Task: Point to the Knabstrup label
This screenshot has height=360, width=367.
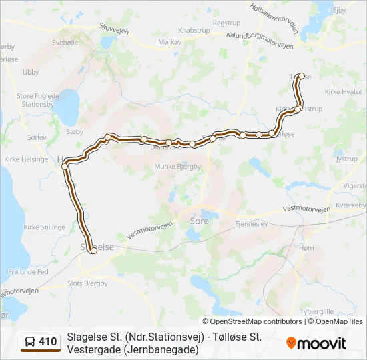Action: click(195, 31)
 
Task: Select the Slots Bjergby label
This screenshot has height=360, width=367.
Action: click(87, 283)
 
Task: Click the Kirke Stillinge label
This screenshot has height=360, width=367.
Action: click(45, 227)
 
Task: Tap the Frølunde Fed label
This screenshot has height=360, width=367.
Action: click(29, 272)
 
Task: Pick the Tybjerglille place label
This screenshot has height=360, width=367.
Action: click(318, 311)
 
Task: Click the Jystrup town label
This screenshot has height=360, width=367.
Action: click(346, 159)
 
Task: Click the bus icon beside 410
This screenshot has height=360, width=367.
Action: click(30, 342)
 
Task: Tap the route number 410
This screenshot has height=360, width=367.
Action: click(47, 342)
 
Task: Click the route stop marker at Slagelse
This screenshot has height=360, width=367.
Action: click(93, 250)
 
